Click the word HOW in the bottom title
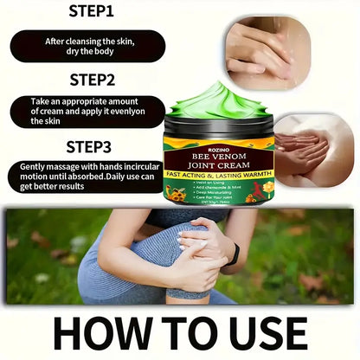pyautogui.click(x=80, y=331)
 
